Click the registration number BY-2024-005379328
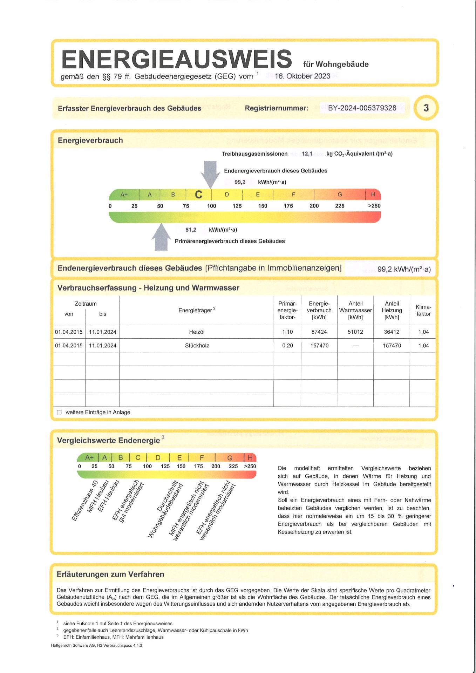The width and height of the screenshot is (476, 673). pos(362,108)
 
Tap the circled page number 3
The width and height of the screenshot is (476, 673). pos(426,108)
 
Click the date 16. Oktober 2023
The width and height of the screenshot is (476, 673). pos(302,76)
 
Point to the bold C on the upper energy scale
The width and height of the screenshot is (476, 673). pos(198,195)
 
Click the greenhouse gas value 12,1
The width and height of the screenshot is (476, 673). pos(307,154)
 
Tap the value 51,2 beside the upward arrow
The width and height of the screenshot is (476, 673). pos(191,230)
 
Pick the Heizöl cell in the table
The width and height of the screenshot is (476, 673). pos(197,332)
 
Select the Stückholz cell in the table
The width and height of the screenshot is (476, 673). pos(197,346)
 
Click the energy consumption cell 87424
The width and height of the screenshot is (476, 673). pos(319,332)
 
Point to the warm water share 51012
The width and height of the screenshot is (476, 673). pos(355,332)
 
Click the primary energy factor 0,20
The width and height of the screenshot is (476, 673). pos(287,346)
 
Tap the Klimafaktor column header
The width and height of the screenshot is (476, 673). pos(423,311)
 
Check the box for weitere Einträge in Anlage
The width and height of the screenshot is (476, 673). pos(59,412)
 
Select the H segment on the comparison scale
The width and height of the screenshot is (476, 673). pos(250,457)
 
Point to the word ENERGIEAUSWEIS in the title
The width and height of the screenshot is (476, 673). pos(177,59)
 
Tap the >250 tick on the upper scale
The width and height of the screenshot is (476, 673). pos(374,206)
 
